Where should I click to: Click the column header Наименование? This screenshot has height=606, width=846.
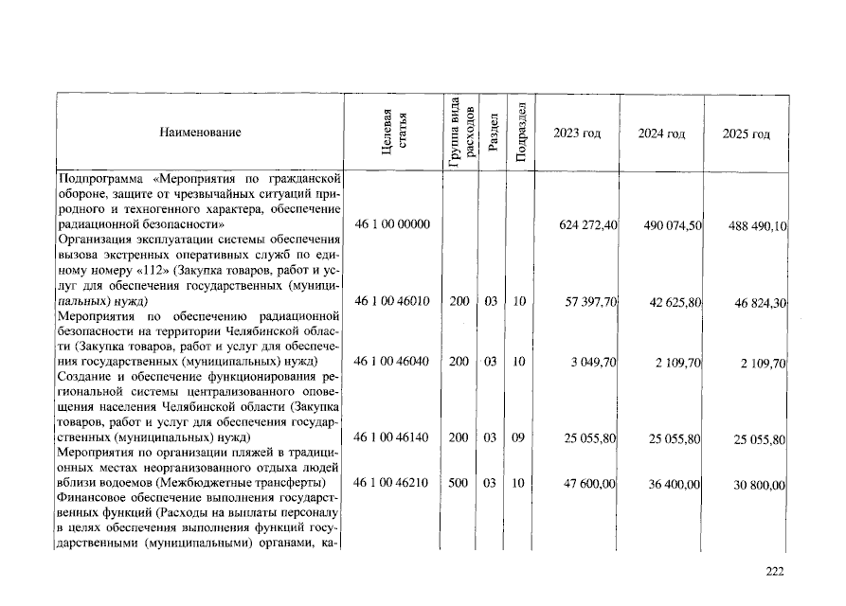coord(200,133)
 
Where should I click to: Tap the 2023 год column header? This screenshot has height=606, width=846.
coord(576,134)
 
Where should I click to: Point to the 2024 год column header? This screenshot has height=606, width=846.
coord(661,134)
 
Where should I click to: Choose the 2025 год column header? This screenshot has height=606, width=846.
coord(747,134)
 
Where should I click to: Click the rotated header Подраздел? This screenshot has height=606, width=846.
coord(519,133)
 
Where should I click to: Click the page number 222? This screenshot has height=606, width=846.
coord(775,570)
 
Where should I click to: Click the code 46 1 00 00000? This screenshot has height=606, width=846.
coord(392,224)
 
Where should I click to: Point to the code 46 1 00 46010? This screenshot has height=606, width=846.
coord(392,300)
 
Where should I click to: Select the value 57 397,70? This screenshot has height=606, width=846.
coord(592,301)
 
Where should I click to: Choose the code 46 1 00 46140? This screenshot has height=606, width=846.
coord(392,437)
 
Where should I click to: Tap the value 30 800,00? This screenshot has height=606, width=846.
coord(760,485)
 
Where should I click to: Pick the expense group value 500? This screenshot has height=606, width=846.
coord(459,483)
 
